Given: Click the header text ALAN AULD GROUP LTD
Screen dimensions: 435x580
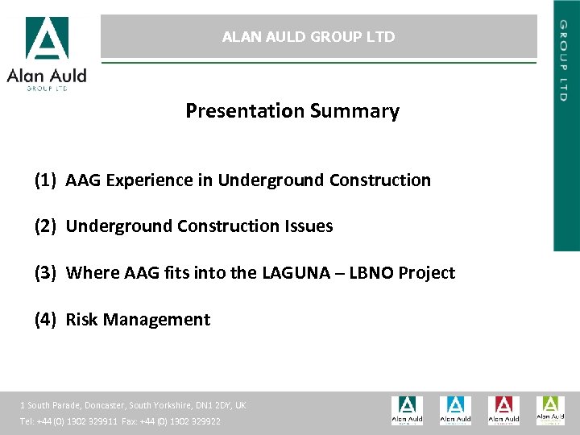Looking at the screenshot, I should tap(309, 37).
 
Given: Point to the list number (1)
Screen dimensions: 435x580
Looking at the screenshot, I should tap(45, 180).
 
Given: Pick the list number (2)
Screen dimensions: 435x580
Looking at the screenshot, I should tap(45, 226).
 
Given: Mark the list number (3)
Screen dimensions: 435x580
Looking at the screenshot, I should tap(45, 273).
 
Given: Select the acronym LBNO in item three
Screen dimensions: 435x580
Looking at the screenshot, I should tap(370, 273).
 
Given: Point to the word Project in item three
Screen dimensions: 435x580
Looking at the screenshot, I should tap(427, 273).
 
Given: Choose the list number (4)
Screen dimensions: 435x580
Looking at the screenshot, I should tap(45, 320).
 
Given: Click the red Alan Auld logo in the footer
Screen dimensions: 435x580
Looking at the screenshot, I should tap(503, 410).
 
